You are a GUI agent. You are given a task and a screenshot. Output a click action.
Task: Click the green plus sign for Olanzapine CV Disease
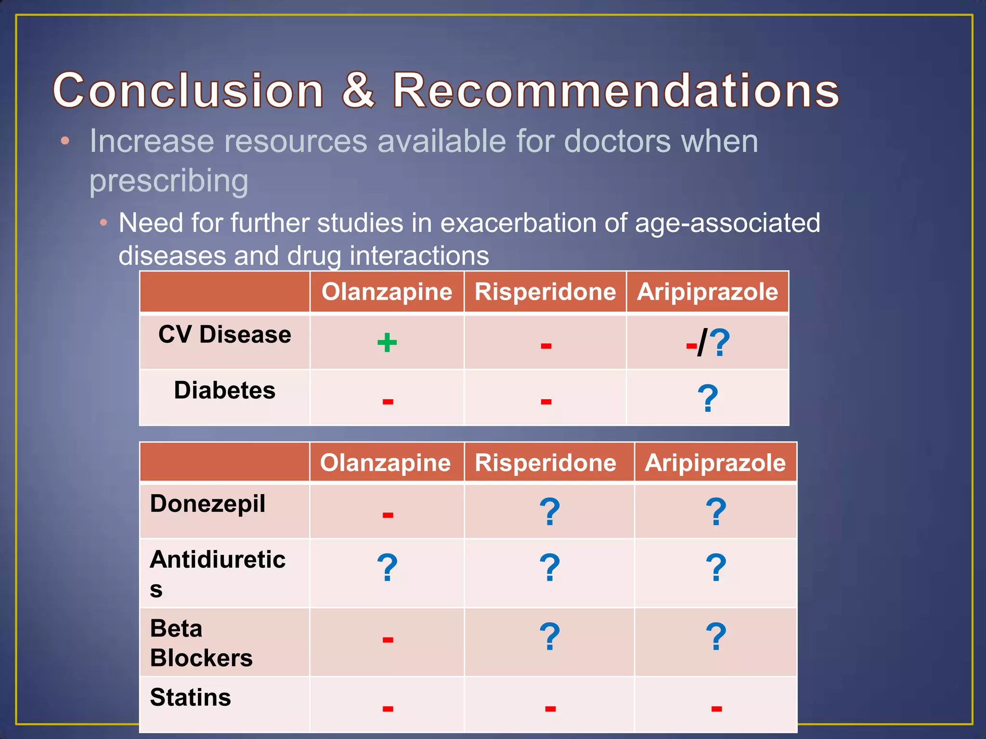click(x=387, y=343)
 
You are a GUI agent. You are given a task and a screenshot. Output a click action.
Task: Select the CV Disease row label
click(x=224, y=334)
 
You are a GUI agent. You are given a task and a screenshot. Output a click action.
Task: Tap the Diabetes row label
click(x=224, y=390)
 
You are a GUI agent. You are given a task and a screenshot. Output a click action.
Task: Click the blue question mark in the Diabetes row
click(x=707, y=398)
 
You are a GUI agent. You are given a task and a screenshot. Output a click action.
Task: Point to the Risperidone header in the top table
click(x=545, y=292)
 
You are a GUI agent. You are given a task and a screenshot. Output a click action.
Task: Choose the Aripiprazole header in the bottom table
click(x=715, y=463)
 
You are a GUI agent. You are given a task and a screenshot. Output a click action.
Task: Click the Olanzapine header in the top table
click(x=387, y=292)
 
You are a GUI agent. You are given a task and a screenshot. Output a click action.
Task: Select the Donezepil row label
click(x=208, y=504)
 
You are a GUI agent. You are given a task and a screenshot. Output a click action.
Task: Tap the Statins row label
click(x=190, y=697)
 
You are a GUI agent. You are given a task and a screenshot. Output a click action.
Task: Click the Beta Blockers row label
click(x=201, y=643)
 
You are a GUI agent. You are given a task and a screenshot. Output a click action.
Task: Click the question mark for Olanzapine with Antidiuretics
click(x=387, y=568)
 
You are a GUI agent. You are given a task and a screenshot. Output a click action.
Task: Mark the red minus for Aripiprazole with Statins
click(x=716, y=708)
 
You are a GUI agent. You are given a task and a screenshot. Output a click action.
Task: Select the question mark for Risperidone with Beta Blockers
click(x=549, y=637)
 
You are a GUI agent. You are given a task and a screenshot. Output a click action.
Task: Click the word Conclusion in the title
click(x=188, y=90)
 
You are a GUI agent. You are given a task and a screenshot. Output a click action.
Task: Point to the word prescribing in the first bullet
click(x=169, y=181)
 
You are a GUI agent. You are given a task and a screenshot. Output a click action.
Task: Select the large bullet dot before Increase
click(x=65, y=141)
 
